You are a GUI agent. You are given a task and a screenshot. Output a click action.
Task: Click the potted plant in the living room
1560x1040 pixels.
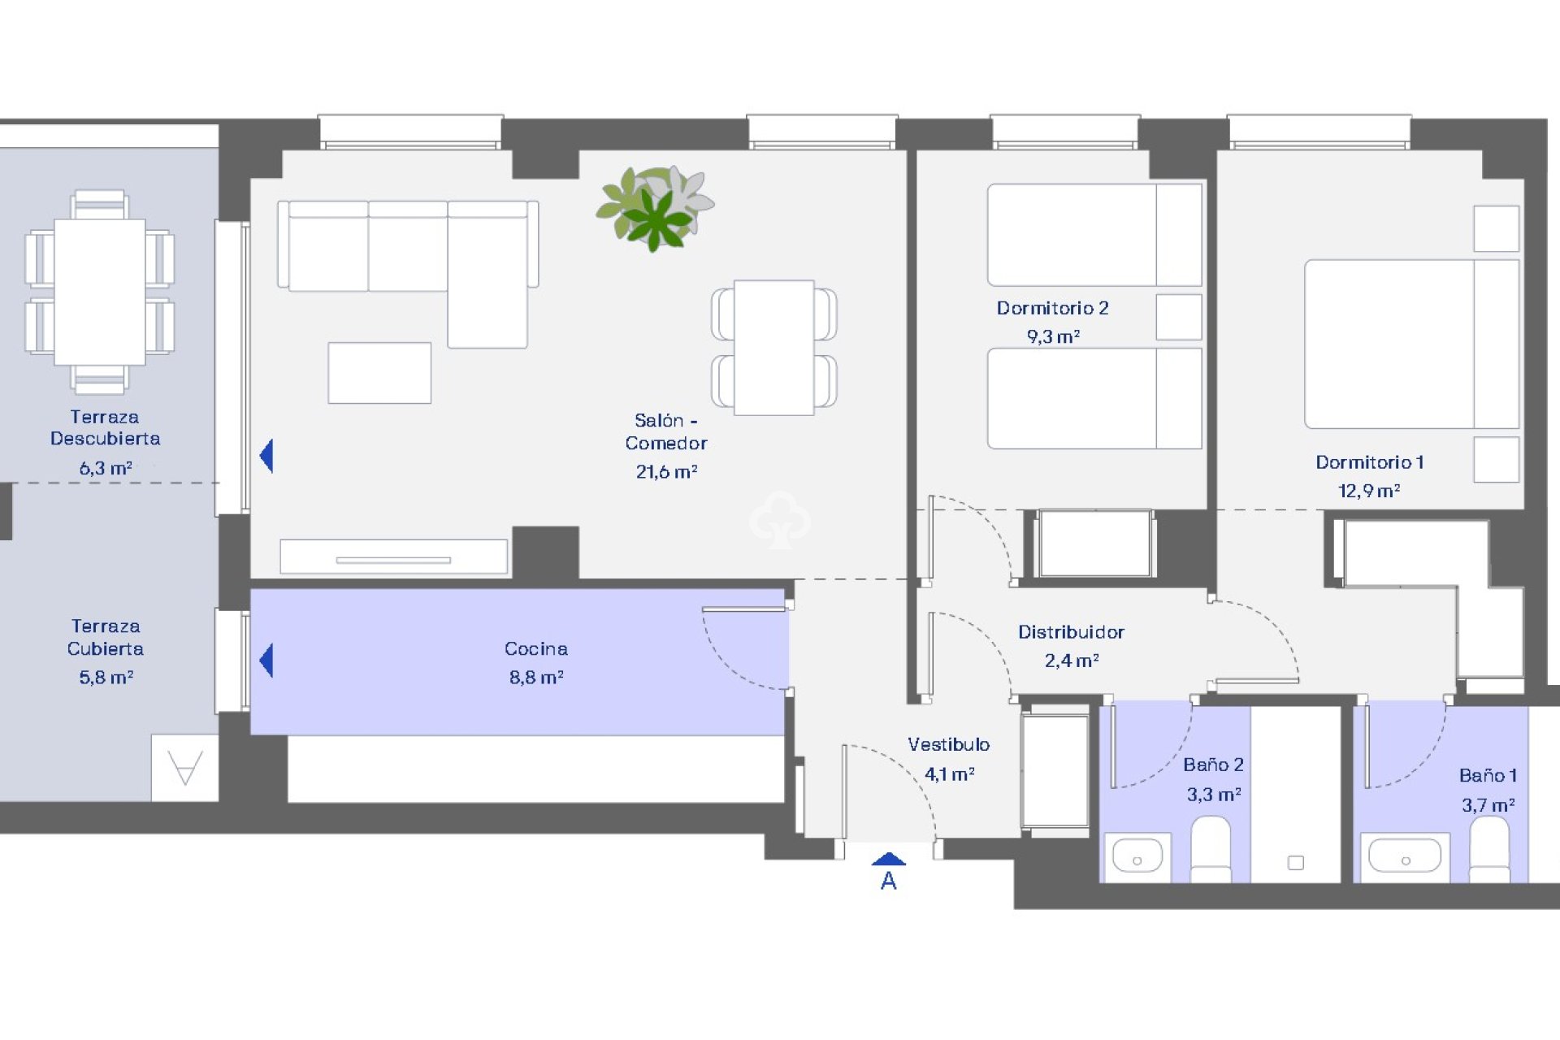[x=655, y=208]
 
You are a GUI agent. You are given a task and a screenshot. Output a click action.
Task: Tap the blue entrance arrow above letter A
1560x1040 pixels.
[x=888, y=859]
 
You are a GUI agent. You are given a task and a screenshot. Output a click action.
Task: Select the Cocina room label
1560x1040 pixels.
[x=535, y=648]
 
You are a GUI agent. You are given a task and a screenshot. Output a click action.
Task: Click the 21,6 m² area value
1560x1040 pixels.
[x=666, y=472]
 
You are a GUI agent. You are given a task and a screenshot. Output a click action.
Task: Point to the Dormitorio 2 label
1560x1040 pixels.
[x=1052, y=308]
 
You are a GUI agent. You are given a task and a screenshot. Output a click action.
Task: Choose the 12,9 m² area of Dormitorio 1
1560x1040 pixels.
[x=1368, y=491]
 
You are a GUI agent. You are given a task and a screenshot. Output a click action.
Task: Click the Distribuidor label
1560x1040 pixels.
[x=1071, y=632]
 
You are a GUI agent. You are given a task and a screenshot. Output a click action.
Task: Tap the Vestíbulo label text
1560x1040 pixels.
[x=948, y=744]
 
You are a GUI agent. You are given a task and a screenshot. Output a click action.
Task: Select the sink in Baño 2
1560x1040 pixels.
[x=1137, y=856]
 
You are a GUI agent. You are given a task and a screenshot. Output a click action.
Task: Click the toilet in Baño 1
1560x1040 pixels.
[x=1489, y=849]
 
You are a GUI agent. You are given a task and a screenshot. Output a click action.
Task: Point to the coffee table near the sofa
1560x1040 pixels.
[x=379, y=373]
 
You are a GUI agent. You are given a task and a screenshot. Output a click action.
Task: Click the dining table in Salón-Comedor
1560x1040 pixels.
[x=773, y=348]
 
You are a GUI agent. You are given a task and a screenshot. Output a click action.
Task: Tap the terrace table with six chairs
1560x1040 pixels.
[x=100, y=292]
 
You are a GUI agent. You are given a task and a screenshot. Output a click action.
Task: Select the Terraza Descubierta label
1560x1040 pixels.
[x=105, y=427]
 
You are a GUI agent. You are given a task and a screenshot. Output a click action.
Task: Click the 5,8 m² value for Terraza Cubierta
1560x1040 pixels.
[x=106, y=678]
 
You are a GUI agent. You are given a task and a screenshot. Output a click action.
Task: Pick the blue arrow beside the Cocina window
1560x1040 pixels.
[x=266, y=660]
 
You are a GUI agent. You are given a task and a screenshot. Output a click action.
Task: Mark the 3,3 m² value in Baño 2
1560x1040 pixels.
[x=1214, y=795]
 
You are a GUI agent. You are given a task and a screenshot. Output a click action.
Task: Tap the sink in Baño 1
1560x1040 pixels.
[x=1404, y=856]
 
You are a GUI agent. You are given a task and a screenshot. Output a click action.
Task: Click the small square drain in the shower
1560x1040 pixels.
[x=1296, y=863]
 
